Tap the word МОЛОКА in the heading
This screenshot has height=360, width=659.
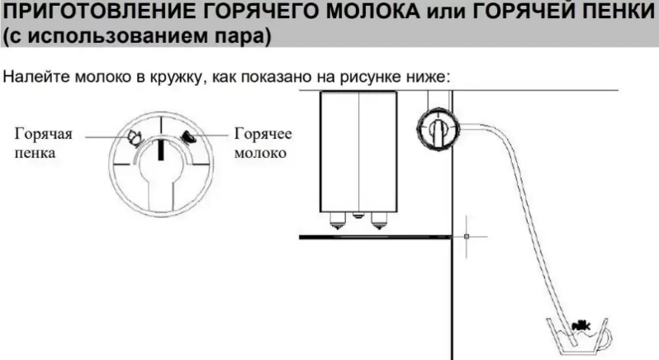[373, 12]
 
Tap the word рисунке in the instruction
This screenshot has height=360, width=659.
[369, 78]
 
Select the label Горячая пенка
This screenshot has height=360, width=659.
[43, 143]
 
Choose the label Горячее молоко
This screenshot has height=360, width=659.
[263, 143]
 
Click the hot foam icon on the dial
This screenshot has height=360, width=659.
[135, 137]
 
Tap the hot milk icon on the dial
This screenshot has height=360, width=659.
[187, 137]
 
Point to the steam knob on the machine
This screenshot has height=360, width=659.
[438, 128]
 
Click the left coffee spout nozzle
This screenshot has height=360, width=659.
[338, 220]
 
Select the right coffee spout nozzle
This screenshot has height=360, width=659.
[379, 220]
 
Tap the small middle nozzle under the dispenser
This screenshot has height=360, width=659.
[358, 215]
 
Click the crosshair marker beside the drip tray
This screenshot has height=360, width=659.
[467, 236]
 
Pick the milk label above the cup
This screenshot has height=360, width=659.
[581, 324]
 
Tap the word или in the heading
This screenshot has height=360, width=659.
[446, 12]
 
